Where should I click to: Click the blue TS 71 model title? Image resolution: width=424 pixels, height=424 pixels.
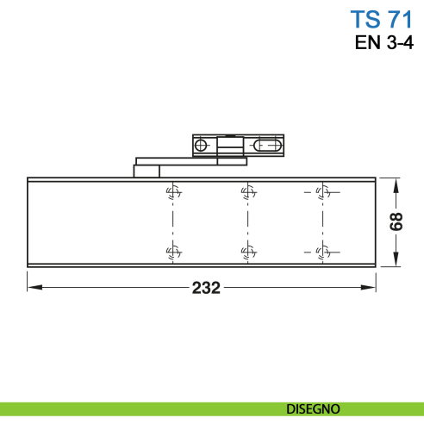point(376,19)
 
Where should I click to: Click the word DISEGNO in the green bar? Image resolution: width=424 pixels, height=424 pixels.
point(313,408)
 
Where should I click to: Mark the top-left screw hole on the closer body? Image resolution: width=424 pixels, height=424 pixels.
point(172,192)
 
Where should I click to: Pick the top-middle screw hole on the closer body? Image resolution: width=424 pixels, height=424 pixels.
point(246,192)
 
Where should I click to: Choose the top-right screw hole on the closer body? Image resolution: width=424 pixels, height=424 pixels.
point(321,192)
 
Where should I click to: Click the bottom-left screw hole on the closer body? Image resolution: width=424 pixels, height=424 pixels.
point(172,252)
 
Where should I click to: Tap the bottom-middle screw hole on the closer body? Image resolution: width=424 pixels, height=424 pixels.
point(246,252)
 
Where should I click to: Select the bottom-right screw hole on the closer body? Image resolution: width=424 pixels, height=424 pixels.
point(321,252)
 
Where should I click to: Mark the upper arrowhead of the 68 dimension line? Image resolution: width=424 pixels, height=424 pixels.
point(397,183)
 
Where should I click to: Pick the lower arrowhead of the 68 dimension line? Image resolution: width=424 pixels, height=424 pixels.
point(397,262)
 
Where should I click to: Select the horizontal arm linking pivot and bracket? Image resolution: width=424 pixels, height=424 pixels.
point(185,161)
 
